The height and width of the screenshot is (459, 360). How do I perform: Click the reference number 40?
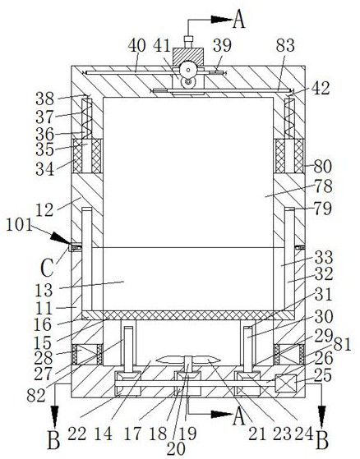tap(136, 46)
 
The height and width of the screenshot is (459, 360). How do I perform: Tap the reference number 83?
tap(285, 46)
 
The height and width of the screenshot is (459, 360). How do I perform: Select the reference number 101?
tap(20, 226)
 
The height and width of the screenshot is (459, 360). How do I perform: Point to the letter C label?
tap(47, 269)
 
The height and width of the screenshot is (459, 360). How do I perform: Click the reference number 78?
tap(323, 186)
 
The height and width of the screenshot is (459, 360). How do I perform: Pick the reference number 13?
tap(44, 291)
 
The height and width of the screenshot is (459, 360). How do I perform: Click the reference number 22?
tap(77, 434)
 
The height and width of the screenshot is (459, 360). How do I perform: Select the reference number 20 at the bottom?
tap(176, 448)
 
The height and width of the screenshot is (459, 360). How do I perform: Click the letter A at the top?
tap(239, 20)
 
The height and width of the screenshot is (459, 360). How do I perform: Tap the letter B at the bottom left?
tap(54, 440)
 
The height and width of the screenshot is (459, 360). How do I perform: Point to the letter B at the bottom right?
tap(322, 440)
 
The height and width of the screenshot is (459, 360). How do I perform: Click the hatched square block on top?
tap(188, 57)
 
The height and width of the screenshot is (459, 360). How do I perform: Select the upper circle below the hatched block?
tap(187, 70)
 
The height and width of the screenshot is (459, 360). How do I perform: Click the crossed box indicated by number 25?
tap(285, 383)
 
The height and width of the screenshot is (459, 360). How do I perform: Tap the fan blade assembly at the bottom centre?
tap(188, 360)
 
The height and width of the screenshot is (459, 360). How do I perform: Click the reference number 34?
tap(45, 169)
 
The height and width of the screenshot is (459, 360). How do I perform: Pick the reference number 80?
tap(323, 167)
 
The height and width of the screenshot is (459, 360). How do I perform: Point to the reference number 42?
tap(321, 89)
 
